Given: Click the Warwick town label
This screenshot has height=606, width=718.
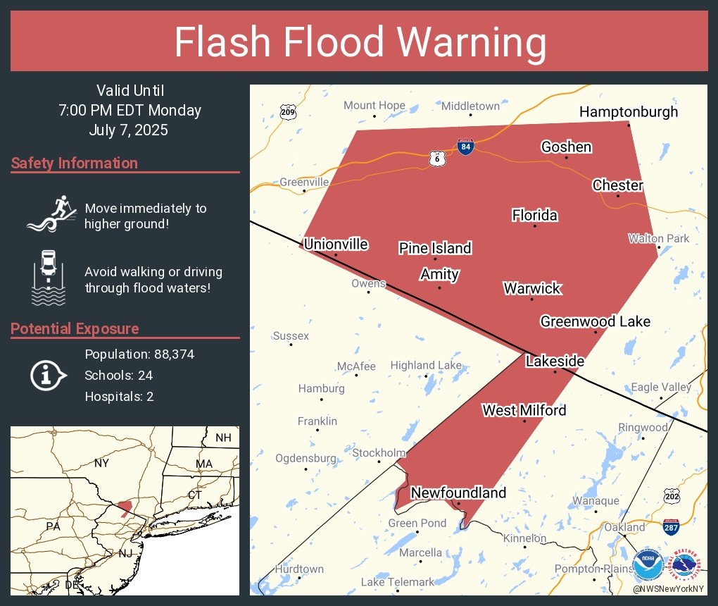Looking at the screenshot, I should pyautogui.click(x=532, y=288).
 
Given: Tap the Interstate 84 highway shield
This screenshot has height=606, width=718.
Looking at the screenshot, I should pyautogui.click(x=465, y=147).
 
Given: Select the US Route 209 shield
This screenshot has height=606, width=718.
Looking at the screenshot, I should pyautogui.click(x=287, y=111).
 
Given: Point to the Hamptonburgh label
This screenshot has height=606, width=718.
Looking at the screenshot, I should pyautogui.click(x=629, y=111).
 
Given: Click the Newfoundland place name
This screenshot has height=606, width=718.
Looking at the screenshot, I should pyautogui.click(x=458, y=493).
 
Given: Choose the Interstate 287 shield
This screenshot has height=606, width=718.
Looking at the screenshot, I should pyautogui.click(x=671, y=525).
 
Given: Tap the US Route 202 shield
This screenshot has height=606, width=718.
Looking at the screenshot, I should pyautogui.click(x=672, y=497).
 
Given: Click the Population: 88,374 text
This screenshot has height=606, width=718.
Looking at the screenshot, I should pyautogui.click(x=139, y=354).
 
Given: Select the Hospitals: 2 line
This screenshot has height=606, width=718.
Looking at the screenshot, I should pyautogui.click(x=119, y=397).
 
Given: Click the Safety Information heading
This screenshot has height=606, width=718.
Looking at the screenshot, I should pyautogui.click(x=75, y=163).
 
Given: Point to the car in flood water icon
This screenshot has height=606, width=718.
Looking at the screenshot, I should pyautogui.click(x=49, y=277).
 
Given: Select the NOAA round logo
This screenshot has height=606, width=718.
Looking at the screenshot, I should pyautogui.click(x=648, y=564).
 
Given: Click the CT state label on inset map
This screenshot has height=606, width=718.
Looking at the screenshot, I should pyautogui.click(x=195, y=495).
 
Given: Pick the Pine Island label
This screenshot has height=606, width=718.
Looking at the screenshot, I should pyautogui.click(x=435, y=248).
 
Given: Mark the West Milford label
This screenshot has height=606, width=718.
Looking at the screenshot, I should pyautogui.click(x=524, y=410).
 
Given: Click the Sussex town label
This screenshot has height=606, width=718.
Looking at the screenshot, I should pyautogui.click(x=291, y=336).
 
